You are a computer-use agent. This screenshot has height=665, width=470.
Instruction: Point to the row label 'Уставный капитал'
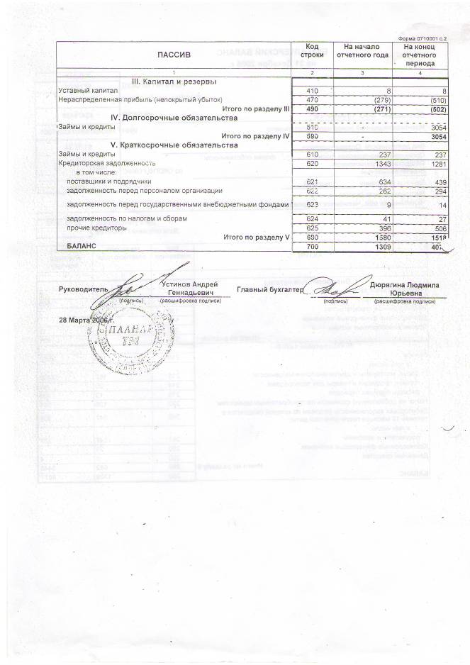pyautogui.click(x=87, y=91)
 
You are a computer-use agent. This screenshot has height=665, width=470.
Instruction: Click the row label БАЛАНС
pyautogui.click(x=81, y=245)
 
